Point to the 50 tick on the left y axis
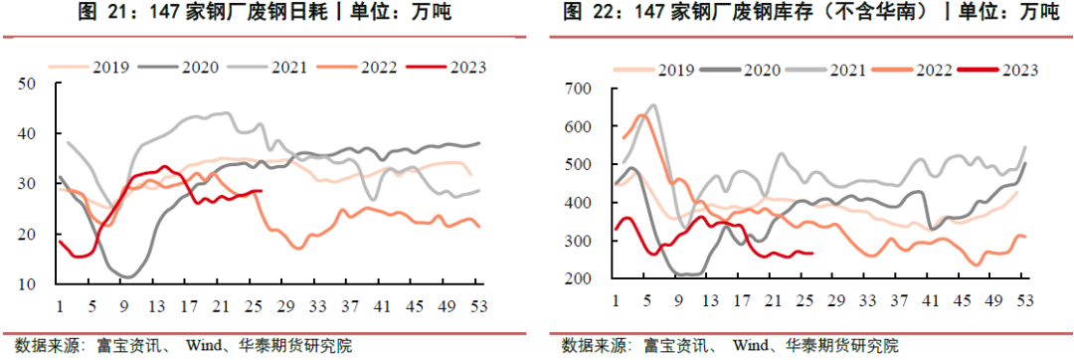point(28,84)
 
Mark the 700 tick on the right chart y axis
point(578,90)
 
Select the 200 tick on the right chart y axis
point(578,279)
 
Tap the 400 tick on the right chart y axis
point(578,203)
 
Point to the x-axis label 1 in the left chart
point(60,304)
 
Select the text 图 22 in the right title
point(587,13)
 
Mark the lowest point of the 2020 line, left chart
point(128,276)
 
